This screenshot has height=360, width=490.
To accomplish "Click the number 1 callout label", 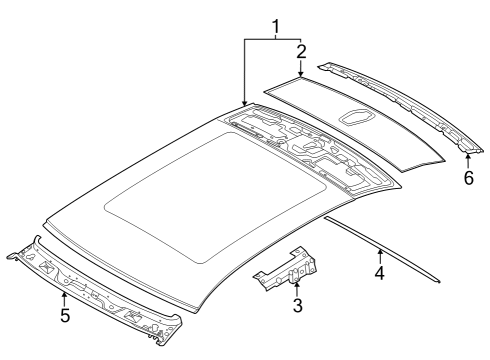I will (273, 21).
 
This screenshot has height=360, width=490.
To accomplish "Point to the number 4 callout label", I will (379, 271).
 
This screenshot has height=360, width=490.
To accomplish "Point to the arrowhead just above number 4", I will (379, 251).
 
